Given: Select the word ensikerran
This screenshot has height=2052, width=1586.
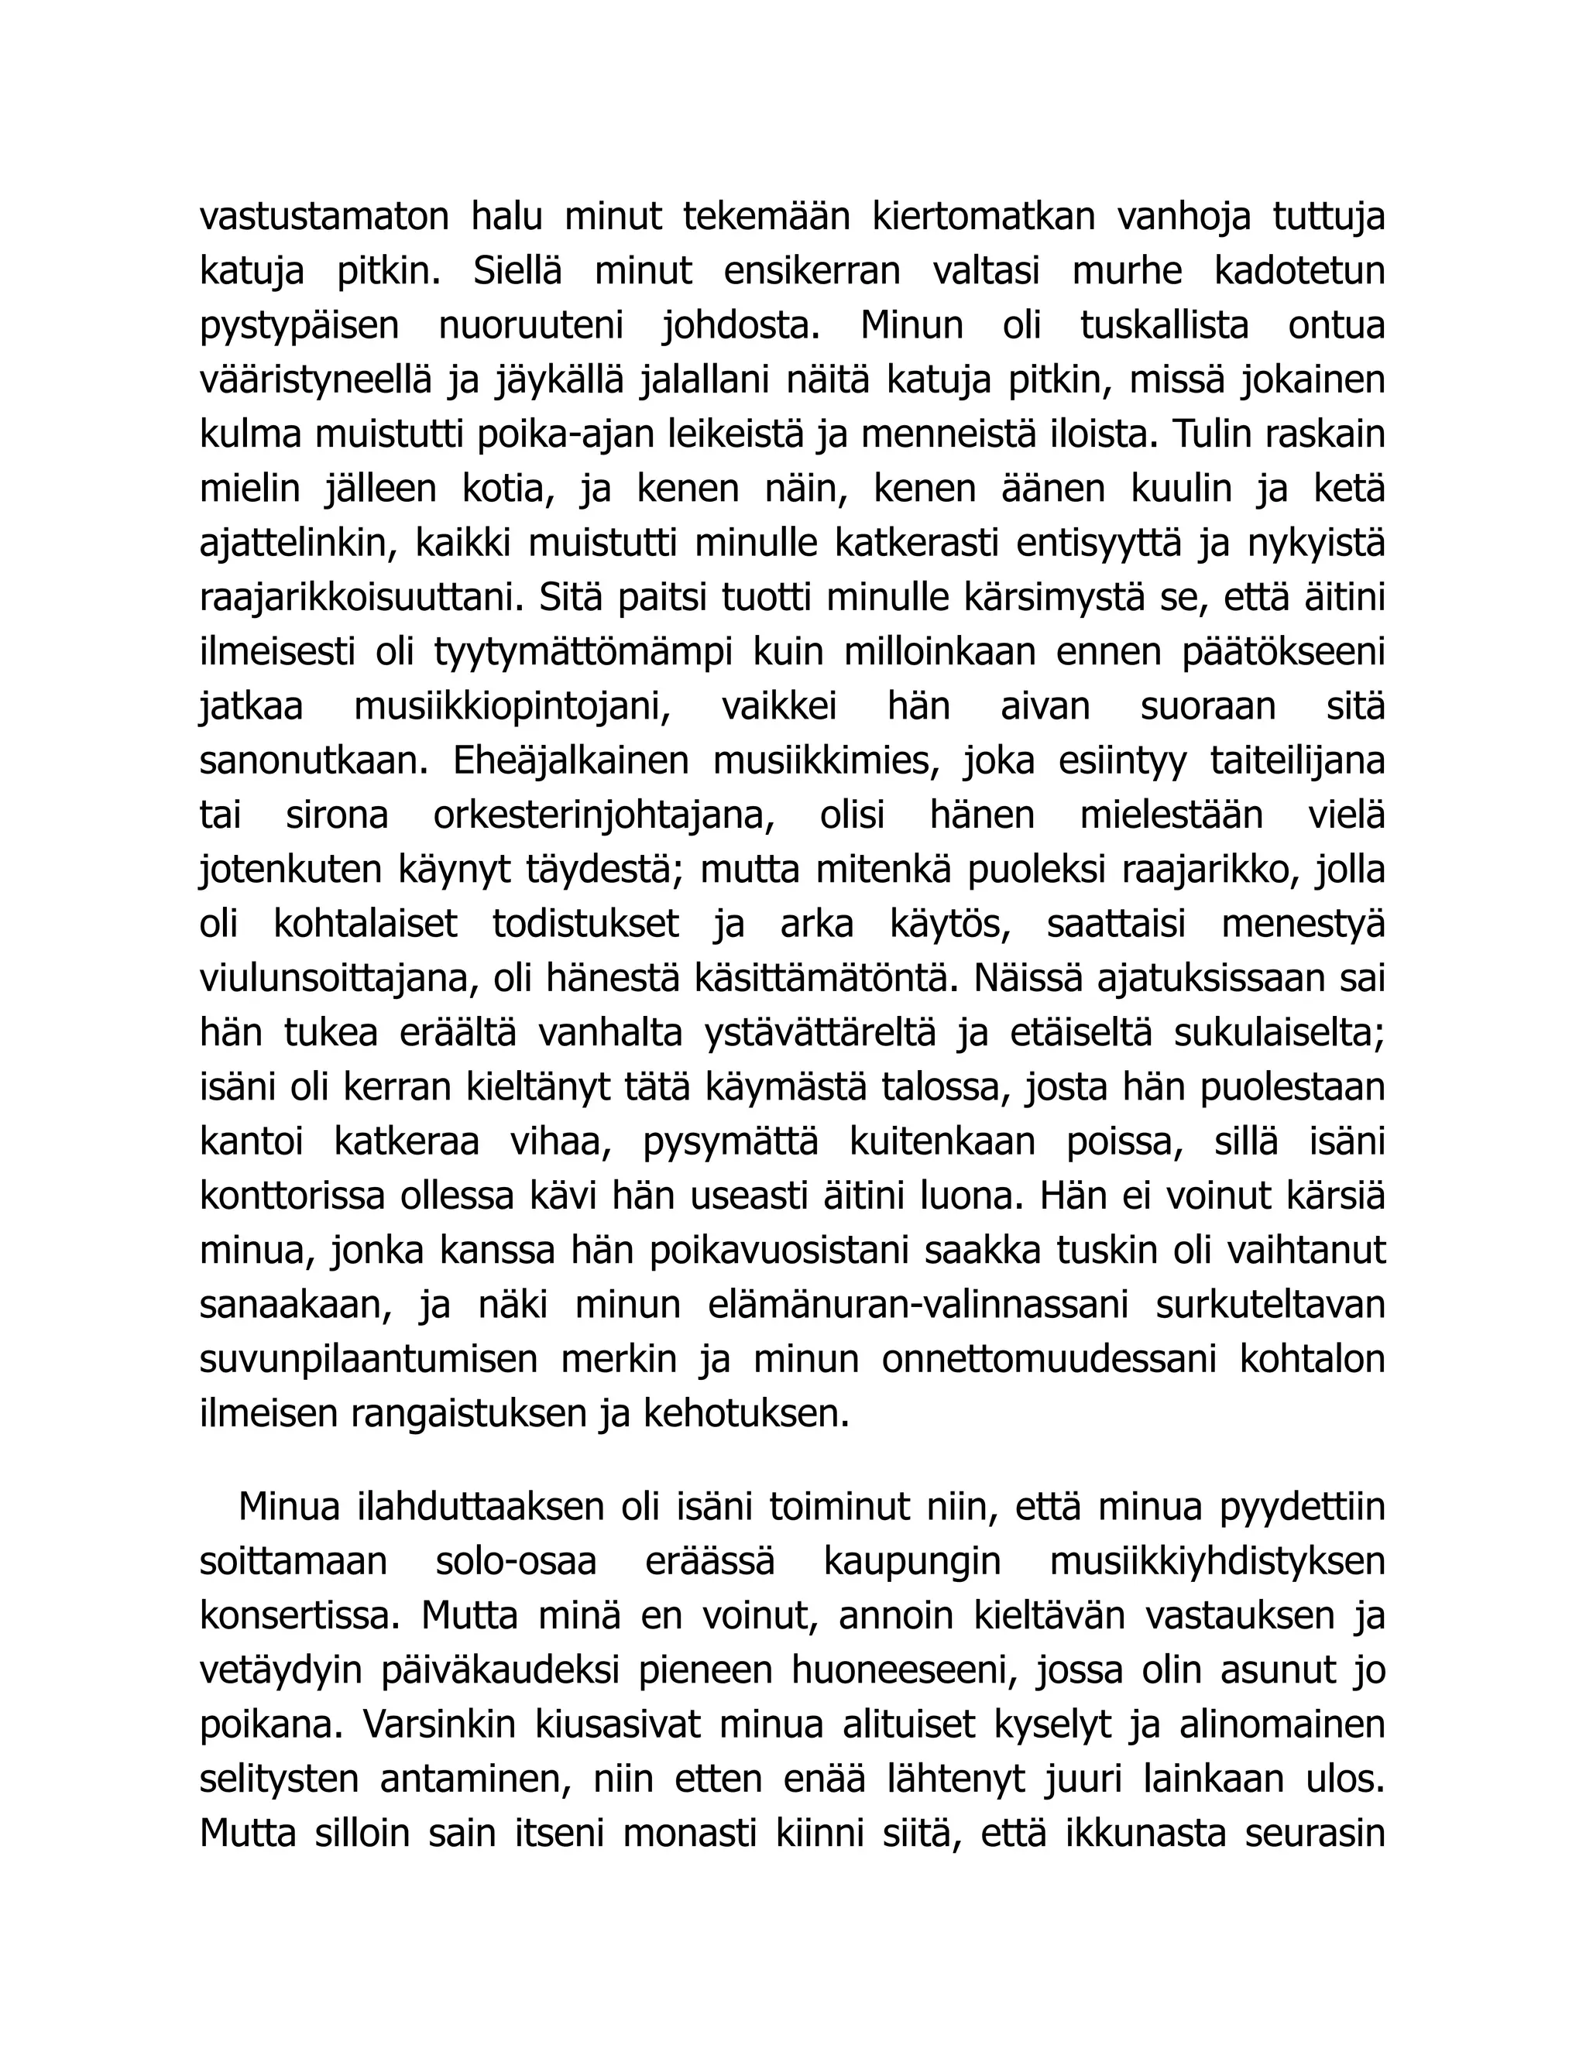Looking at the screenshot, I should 812,272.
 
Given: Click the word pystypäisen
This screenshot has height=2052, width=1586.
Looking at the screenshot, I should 299,326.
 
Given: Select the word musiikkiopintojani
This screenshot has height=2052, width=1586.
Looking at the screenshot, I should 512,706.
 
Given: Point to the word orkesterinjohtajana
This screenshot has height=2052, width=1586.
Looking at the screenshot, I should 604,815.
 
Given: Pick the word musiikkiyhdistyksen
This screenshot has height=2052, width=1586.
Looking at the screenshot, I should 1217,1563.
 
